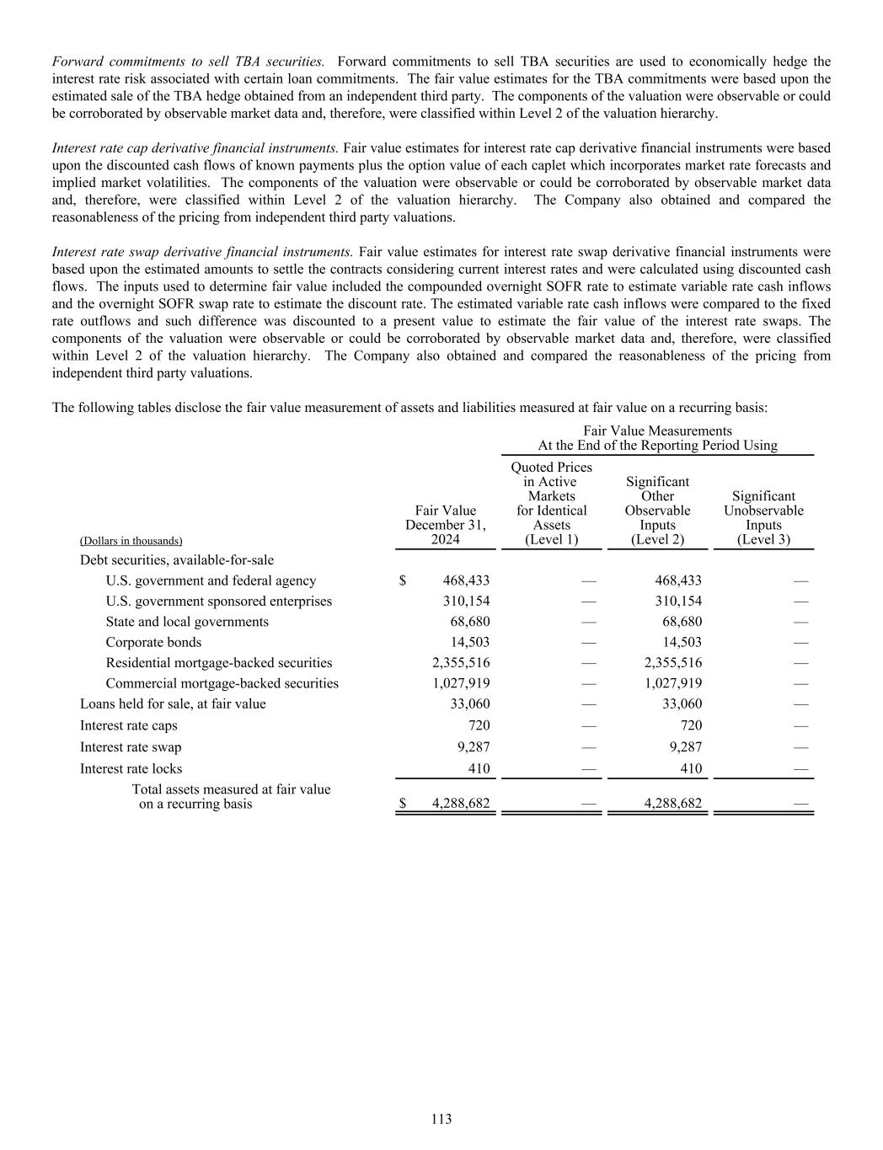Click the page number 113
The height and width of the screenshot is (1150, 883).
[441, 1119]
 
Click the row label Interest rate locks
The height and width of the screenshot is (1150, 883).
[131, 768]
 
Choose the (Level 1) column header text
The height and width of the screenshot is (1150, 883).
[551, 539]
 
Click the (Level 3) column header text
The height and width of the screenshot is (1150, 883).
[763, 539]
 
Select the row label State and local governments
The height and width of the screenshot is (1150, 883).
[187, 622]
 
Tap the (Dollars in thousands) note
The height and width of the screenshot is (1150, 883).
[131, 541]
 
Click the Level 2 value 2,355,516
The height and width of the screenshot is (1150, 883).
[672, 663]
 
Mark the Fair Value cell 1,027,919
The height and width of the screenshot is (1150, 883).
[461, 683]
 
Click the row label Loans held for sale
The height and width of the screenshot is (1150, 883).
[173, 703]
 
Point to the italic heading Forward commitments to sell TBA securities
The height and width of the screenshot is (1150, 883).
[189, 62]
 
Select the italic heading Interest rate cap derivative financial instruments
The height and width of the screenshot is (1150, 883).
[195, 148]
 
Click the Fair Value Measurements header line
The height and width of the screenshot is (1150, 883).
[657, 431]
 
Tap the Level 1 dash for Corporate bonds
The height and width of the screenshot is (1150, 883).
[589, 642]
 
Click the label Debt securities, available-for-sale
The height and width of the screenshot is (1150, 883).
[177, 559]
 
